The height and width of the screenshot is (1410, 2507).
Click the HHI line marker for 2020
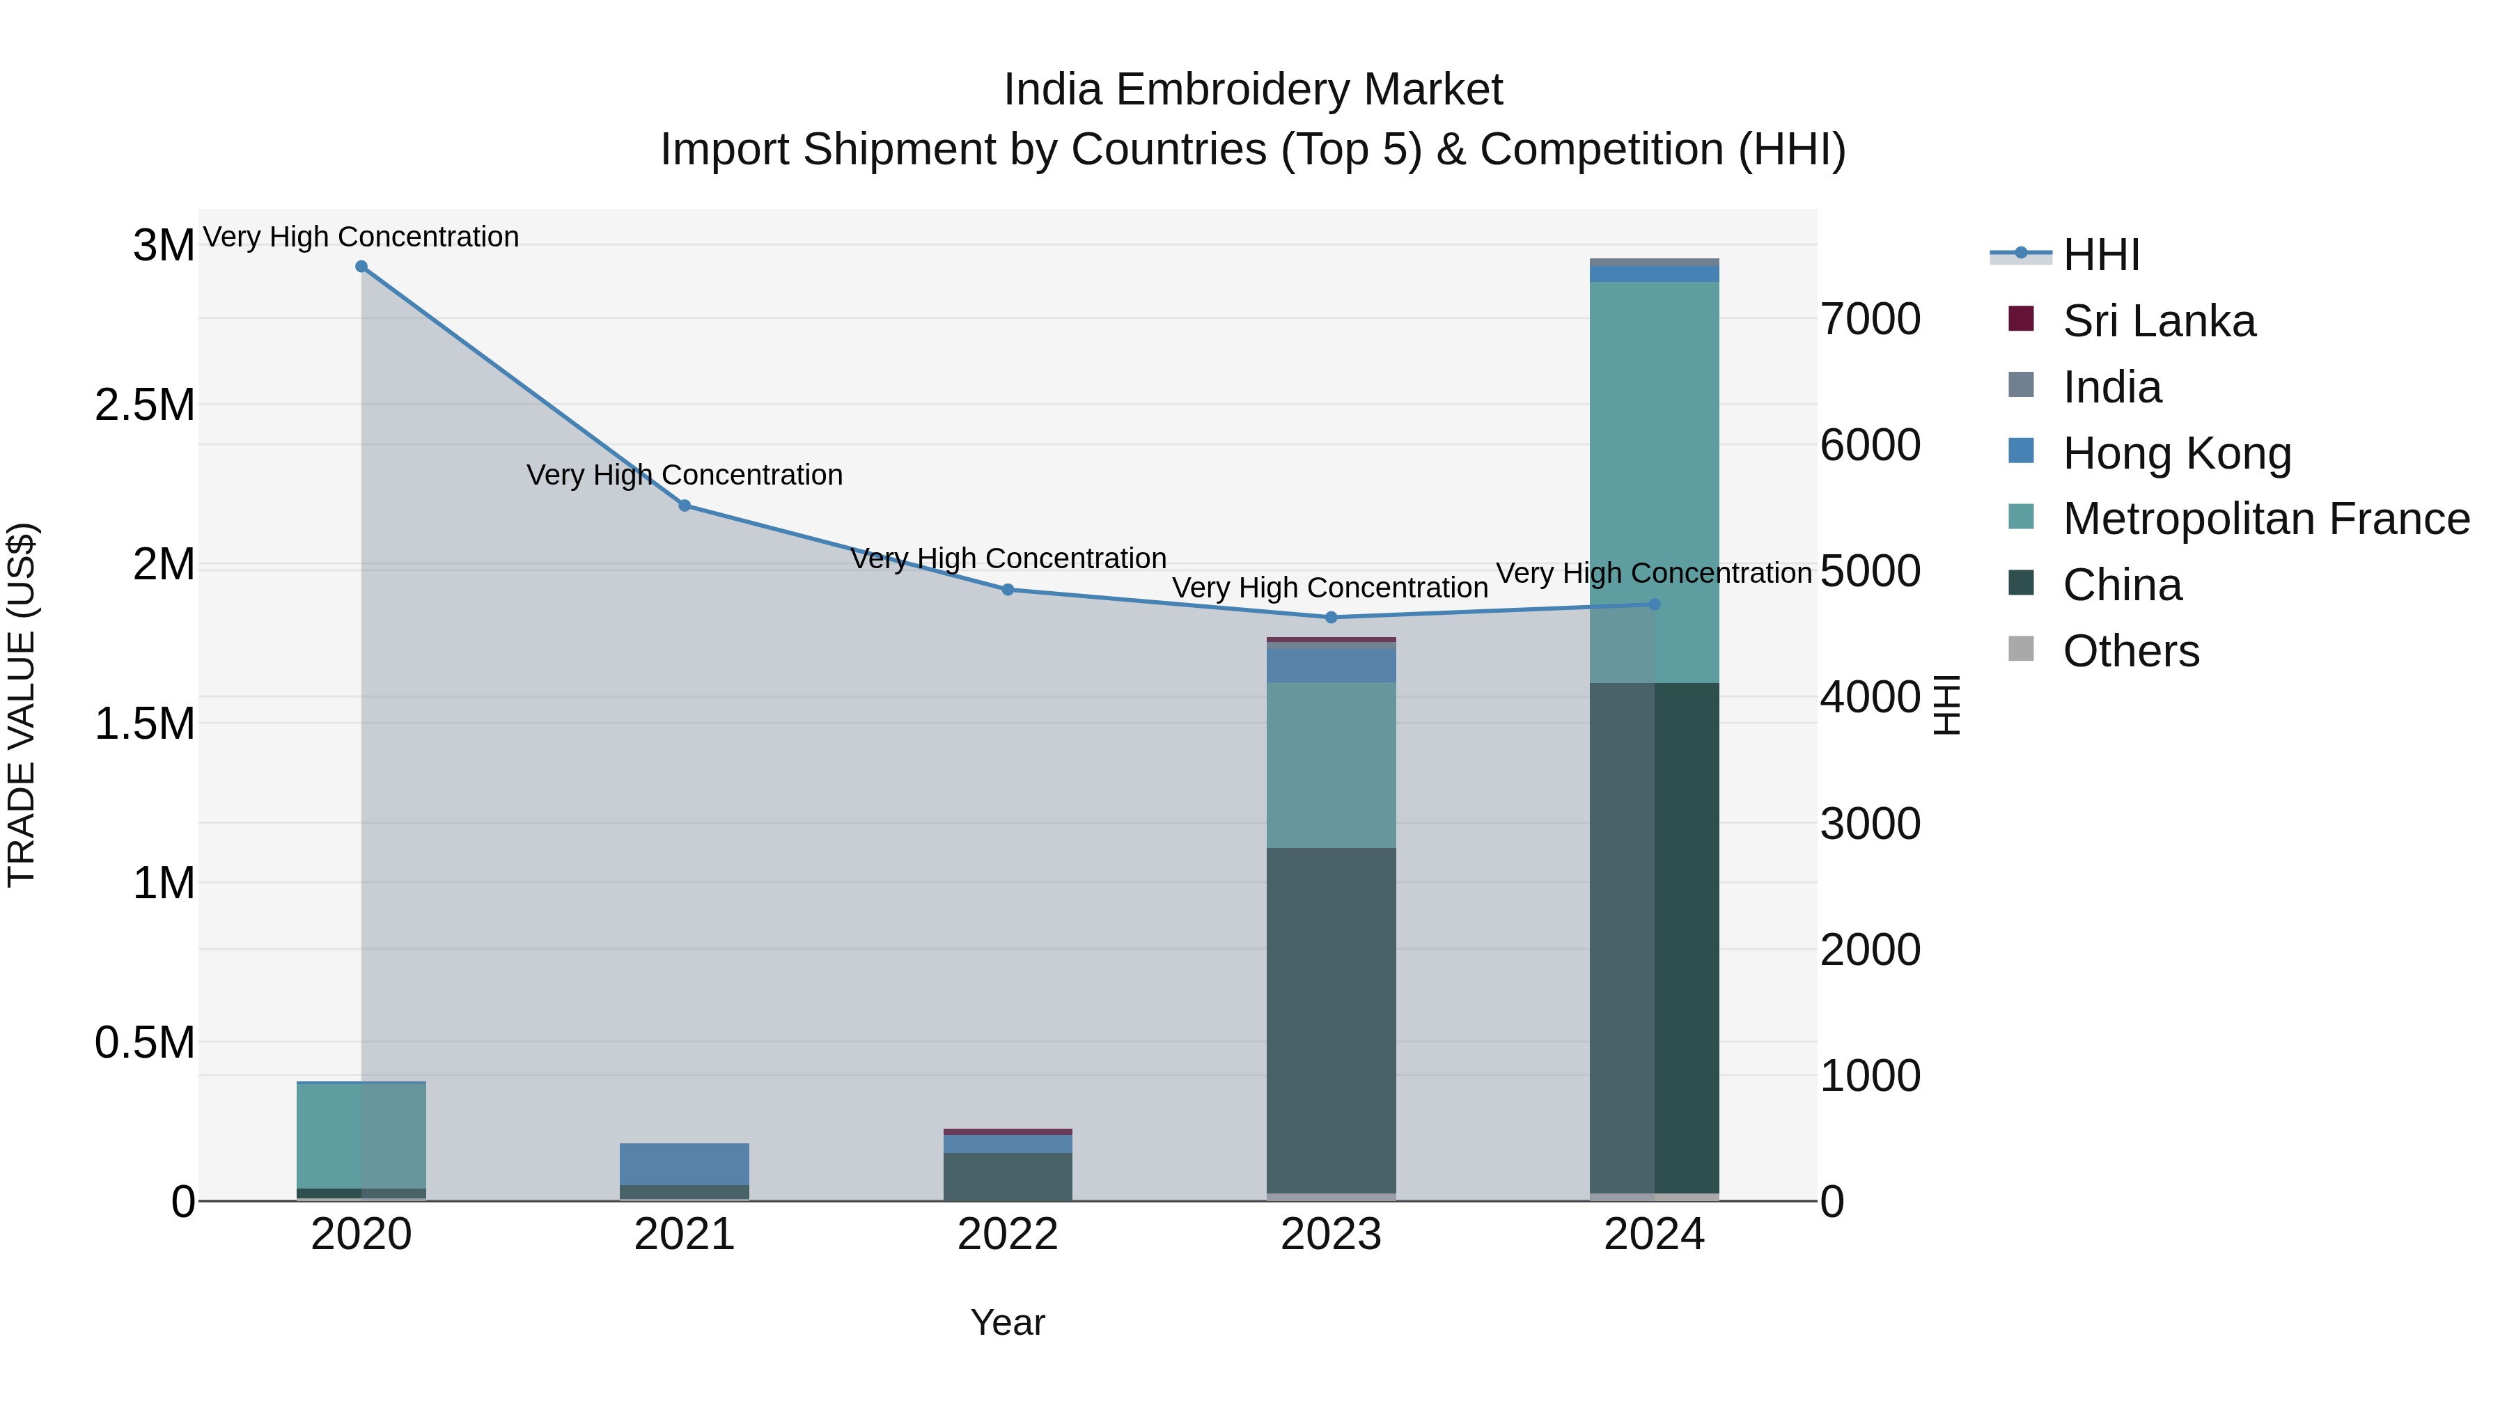pos(361,267)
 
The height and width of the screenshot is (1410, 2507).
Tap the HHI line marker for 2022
pos(1008,590)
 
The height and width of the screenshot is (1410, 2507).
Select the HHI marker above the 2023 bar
pos(1331,618)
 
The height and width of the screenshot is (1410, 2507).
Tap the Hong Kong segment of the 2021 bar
pos(684,1164)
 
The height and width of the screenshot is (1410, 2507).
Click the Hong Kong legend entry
pos(2176,453)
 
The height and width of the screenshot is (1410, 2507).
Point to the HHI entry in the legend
pos(2100,255)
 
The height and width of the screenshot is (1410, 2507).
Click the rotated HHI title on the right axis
pos(1946,705)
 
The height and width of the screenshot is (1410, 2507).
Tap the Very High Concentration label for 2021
pos(684,475)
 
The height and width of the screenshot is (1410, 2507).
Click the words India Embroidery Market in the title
pos(1253,90)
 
